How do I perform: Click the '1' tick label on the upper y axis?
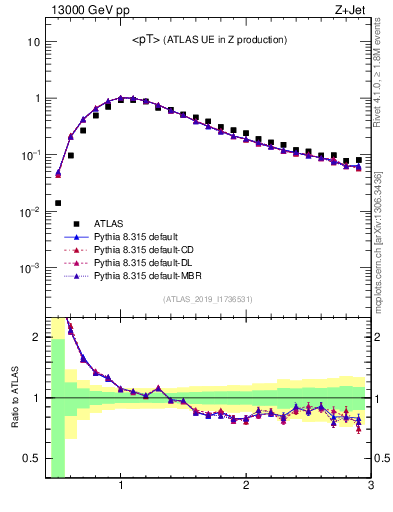tap(36, 99)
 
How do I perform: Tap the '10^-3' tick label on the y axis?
tap(30, 268)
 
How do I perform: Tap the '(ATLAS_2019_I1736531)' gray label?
tap(208, 299)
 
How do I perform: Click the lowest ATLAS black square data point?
tap(58, 203)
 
